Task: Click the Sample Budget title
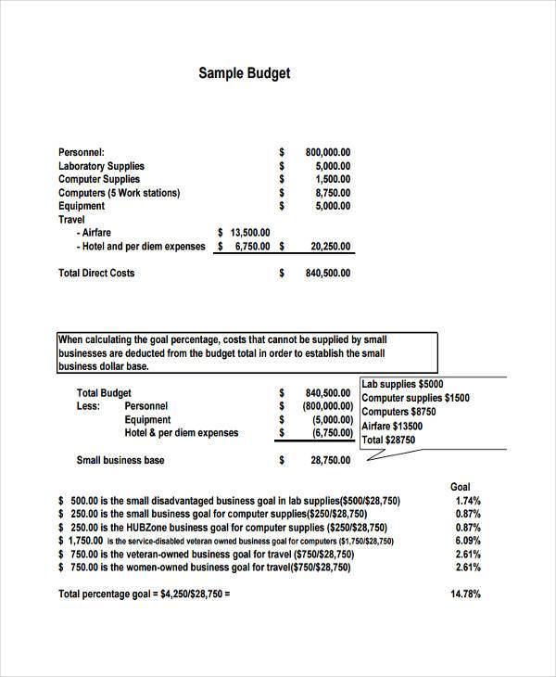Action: [x=245, y=72]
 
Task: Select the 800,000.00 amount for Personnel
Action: [x=327, y=152]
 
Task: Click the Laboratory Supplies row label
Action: [x=101, y=166]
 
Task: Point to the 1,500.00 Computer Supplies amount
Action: [x=333, y=179]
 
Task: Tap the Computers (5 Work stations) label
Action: [x=119, y=193]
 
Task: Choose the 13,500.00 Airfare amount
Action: [x=249, y=233]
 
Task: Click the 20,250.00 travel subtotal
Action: [x=330, y=247]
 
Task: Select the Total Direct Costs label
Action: [x=96, y=273]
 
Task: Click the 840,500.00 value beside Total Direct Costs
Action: [x=327, y=274]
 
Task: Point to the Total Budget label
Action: [x=104, y=393]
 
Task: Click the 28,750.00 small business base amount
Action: [x=330, y=460]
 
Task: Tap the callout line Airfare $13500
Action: [x=391, y=427]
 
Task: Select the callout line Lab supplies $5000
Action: [x=402, y=384]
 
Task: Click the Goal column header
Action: [x=460, y=487]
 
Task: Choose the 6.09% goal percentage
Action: [x=468, y=541]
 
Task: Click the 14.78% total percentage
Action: [x=465, y=594]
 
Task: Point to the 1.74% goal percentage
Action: [x=468, y=501]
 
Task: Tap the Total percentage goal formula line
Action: [x=144, y=594]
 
